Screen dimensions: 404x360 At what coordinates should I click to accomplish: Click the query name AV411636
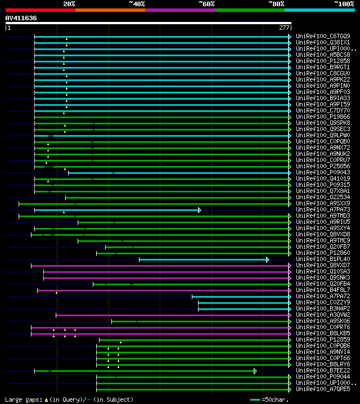(21, 18)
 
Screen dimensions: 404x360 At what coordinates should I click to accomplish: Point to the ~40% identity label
(137, 3)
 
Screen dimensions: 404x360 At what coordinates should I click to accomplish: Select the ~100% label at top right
(344, 3)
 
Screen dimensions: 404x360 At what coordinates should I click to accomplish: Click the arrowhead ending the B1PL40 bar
(267, 259)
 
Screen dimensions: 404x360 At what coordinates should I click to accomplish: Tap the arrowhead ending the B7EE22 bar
(255, 371)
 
